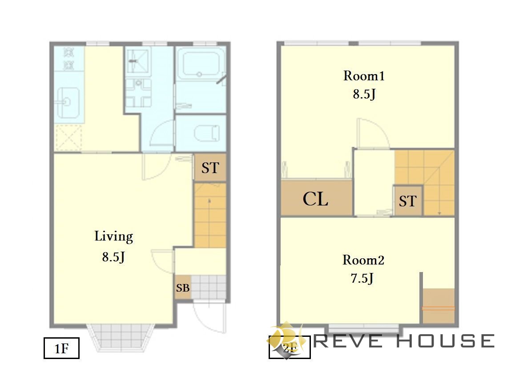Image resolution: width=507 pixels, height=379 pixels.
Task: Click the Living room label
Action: [x=113, y=237]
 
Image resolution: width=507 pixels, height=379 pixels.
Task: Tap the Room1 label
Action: [x=364, y=76]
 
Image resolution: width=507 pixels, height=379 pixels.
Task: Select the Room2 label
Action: [x=363, y=260]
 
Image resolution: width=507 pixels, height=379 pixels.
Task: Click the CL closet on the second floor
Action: [x=316, y=198]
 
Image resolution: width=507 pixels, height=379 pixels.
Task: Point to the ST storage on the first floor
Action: [x=210, y=168]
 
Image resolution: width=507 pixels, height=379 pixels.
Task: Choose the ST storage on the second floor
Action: [x=407, y=201]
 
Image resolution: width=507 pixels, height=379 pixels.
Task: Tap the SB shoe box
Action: [x=183, y=288]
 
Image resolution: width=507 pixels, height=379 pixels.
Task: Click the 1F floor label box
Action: [x=61, y=348]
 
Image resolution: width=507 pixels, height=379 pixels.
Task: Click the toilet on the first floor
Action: [x=207, y=133]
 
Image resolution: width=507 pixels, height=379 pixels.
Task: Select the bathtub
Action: [x=201, y=65]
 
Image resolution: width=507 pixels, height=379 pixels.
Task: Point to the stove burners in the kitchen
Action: [x=69, y=59]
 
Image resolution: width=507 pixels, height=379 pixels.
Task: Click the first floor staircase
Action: [x=210, y=216]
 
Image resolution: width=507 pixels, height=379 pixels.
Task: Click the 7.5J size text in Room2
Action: [x=362, y=278]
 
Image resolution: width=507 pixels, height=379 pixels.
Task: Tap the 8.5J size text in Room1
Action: [x=364, y=94]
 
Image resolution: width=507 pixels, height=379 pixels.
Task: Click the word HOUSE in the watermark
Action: [x=446, y=341]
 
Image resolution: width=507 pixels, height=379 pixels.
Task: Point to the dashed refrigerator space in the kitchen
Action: [x=68, y=138]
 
